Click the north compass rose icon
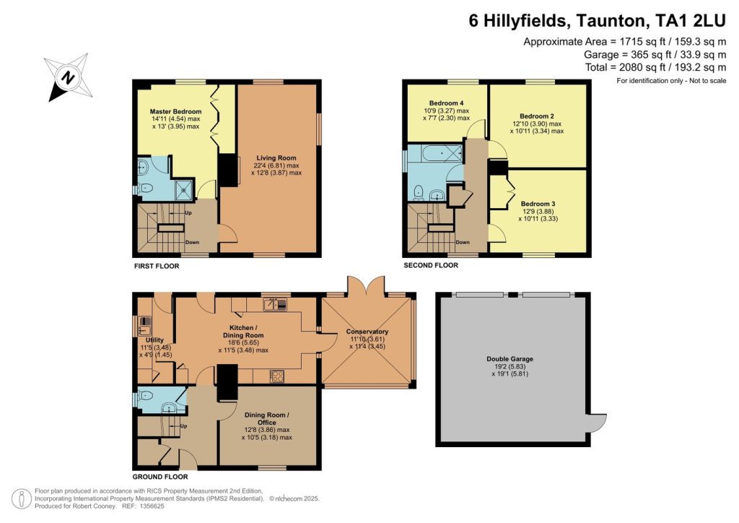click(69, 78)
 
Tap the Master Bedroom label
click(175, 112)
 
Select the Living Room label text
click(276, 158)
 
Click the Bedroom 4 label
click(446, 103)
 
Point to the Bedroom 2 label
click(537, 116)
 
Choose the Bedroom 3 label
click(538, 204)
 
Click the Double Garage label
click(510, 359)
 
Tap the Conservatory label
click(367, 332)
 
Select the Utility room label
click(154, 340)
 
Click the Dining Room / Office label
click(267, 419)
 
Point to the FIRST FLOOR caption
click(157, 266)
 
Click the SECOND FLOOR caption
click(431, 266)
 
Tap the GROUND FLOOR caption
click(159, 477)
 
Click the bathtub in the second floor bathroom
click(441, 153)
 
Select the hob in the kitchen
click(276, 376)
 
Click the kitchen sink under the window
click(275, 304)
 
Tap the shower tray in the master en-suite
click(184, 189)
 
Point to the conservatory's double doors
click(366, 286)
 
